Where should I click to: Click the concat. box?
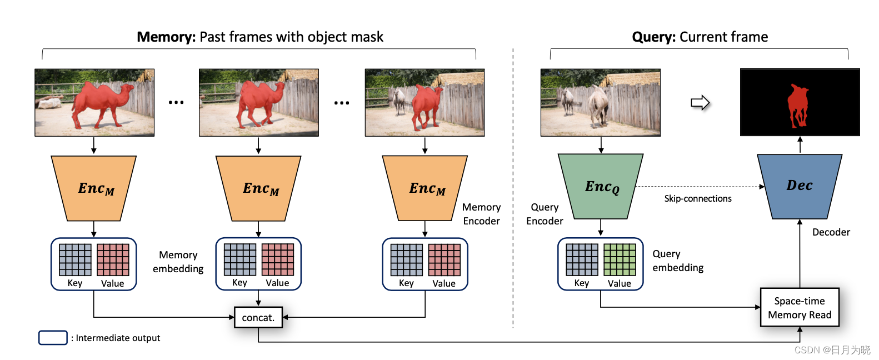[258, 317]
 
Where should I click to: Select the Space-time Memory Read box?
[799, 307]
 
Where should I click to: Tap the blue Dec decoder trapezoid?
[799, 186]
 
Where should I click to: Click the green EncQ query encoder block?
[601, 186]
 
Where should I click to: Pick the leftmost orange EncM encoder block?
[94, 188]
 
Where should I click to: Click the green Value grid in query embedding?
[620, 259]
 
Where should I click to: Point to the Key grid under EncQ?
[582, 259]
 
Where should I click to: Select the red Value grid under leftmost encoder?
[113, 259]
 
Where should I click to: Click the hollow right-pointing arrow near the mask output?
[700, 103]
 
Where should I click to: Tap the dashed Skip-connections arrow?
[700, 187]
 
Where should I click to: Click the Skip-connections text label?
[698, 198]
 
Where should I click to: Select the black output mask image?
[800, 102]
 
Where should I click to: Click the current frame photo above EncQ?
[601, 102]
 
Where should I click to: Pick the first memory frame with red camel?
[94, 102]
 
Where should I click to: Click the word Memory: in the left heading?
[166, 37]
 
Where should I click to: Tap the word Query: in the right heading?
[653, 37]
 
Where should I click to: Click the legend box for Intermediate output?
[53, 338]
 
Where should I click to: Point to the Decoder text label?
[831, 232]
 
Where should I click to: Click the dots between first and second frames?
[176, 102]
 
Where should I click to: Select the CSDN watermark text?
[832, 350]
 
